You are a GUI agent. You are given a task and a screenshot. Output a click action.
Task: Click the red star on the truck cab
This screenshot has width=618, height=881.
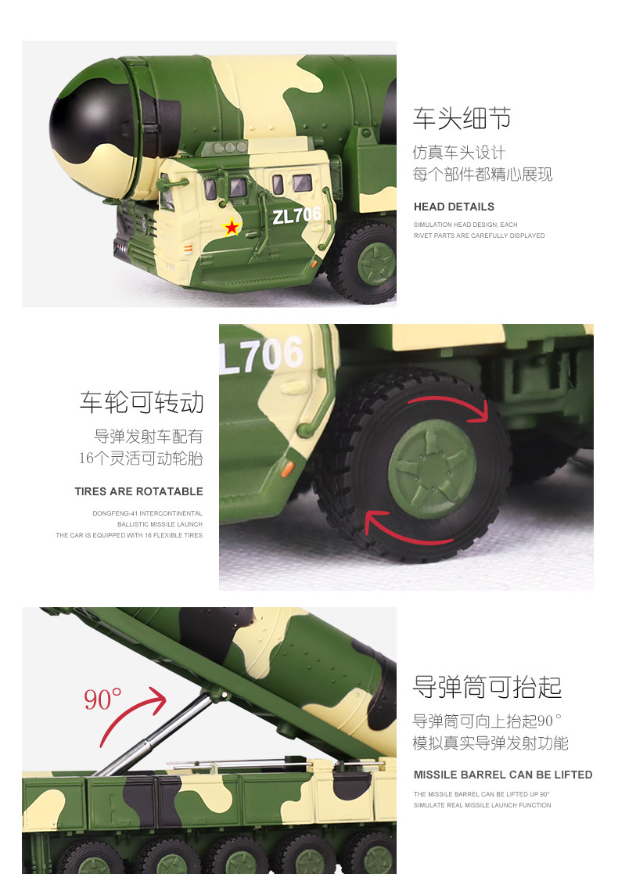pyautogui.click(x=232, y=228)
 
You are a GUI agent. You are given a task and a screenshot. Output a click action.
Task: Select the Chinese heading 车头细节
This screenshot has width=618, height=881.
pyautogui.click(x=462, y=118)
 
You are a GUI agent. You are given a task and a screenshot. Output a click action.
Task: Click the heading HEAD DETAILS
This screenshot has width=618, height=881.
pyautogui.click(x=454, y=207)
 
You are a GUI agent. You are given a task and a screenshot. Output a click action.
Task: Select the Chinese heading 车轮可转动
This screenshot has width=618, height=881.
pyautogui.click(x=141, y=402)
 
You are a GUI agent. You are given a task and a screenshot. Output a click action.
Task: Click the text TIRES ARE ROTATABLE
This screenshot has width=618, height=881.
pyautogui.click(x=138, y=491)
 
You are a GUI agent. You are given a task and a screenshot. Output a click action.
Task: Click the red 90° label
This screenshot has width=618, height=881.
pyautogui.click(x=103, y=699)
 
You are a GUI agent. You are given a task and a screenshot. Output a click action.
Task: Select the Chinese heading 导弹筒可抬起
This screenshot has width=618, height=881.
pyautogui.click(x=487, y=687)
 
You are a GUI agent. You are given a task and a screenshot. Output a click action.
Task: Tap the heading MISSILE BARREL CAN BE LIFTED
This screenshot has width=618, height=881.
pyautogui.click(x=503, y=775)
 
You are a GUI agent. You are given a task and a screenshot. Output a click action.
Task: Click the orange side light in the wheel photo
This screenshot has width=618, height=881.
pyautogui.click(x=287, y=468)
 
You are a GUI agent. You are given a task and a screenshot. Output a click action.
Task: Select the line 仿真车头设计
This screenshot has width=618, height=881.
pyautogui.click(x=459, y=153)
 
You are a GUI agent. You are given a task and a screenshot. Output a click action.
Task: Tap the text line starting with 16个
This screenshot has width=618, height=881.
pyautogui.click(x=140, y=458)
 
